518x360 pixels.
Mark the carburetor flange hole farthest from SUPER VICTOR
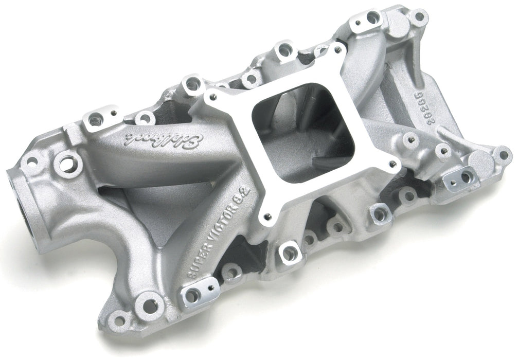click(x=337, y=49)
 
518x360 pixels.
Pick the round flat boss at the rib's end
click(x=481, y=161)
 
